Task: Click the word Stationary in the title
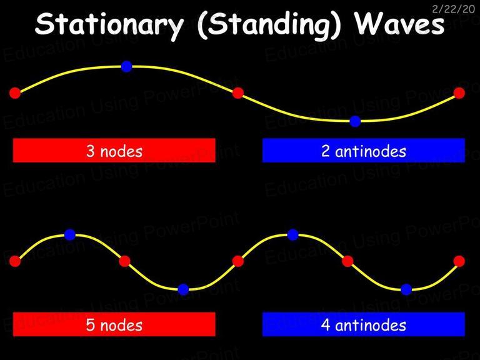click(x=109, y=25)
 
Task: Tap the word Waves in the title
click(x=399, y=23)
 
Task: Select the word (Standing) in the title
click(x=269, y=26)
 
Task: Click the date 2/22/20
click(x=453, y=9)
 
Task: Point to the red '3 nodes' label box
click(x=114, y=150)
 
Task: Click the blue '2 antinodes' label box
click(x=364, y=150)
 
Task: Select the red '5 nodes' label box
click(x=114, y=324)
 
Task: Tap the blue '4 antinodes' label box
click(x=364, y=324)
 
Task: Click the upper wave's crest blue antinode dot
click(x=126, y=66)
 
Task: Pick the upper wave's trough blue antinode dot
click(x=355, y=121)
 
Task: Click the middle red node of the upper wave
click(x=238, y=92)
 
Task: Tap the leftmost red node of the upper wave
click(x=15, y=92)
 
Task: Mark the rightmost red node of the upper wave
click(x=459, y=92)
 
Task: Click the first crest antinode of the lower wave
click(x=70, y=235)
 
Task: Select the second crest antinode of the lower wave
click(x=292, y=235)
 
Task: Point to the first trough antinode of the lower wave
click(x=183, y=289)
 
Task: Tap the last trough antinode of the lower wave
click(x=406, y=289)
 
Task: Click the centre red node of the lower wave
click(x=238, y=261)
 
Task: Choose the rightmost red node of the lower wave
click(x=459, y=261)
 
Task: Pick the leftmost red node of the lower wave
click(x=15, y=261)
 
